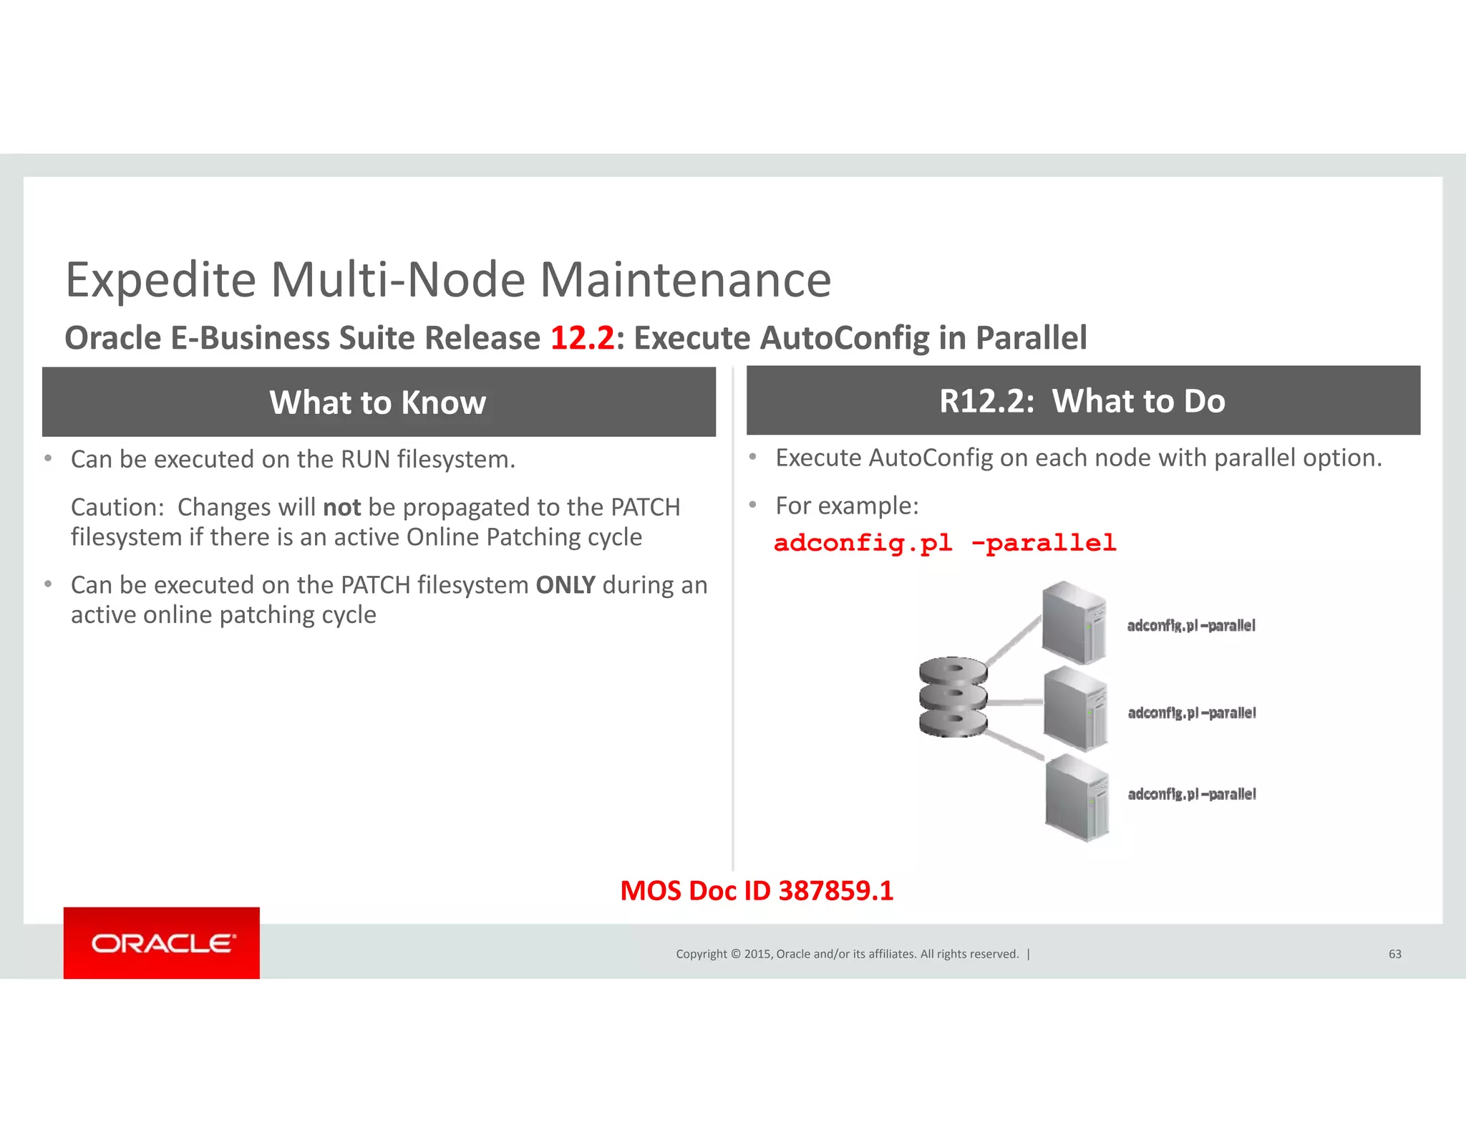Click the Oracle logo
click(x=162, y=942)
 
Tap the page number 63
click(x=1394, y=954)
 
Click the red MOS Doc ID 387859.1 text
click(x=757, y=891)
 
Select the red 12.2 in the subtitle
click(x=582, y=338)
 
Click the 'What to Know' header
click(x=378, y=402)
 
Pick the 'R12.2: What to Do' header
click(x=1082, y=401)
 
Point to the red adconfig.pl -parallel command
click(x=945, y=543)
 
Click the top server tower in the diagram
click(x=1074, y=622)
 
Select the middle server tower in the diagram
click(x=1075, y=708)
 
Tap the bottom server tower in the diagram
click(x=1077, y=797)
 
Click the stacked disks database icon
click(x=953, y=697)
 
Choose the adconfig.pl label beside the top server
click(x=1191, y=626)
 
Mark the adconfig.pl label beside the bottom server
click(x=1192, y=794)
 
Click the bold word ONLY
click(x=565, y=585)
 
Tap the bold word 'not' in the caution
click(x=341, y=507)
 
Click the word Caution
click(x=117, y=507)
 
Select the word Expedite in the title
click(x=161, y=279)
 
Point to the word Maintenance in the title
click(x=685, y=279)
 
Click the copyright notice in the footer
click(x=848, y=954)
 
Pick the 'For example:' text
click(x=847, y=506)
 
